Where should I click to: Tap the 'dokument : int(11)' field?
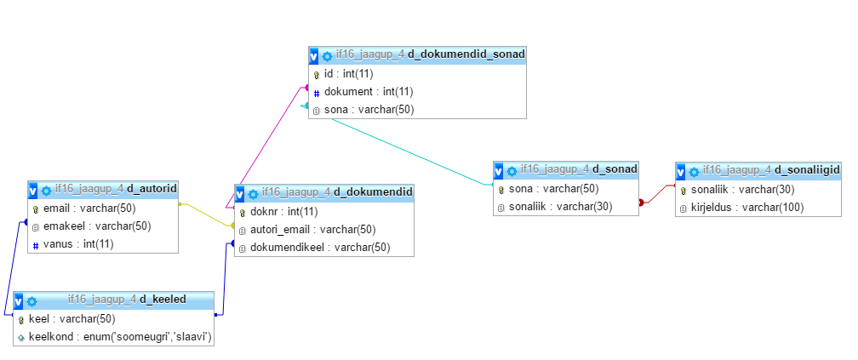[x=369, y=92]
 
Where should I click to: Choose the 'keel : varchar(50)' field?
[x=71, y=320]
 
